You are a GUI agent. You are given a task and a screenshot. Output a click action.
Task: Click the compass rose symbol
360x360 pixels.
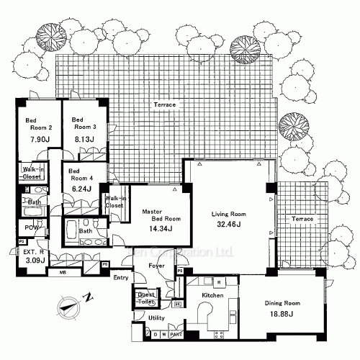tap(69, 305)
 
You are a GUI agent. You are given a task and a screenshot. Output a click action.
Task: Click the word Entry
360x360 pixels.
tap(121, 277)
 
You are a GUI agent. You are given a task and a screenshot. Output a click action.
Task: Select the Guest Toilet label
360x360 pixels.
tap(146, 297)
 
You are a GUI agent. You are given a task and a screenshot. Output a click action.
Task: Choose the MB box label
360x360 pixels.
tap(63, 272)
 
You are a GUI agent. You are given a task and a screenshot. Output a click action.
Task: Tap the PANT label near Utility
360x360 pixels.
tap(175, 334)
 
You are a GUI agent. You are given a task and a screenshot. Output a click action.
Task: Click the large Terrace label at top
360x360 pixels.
tap(164, 105)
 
